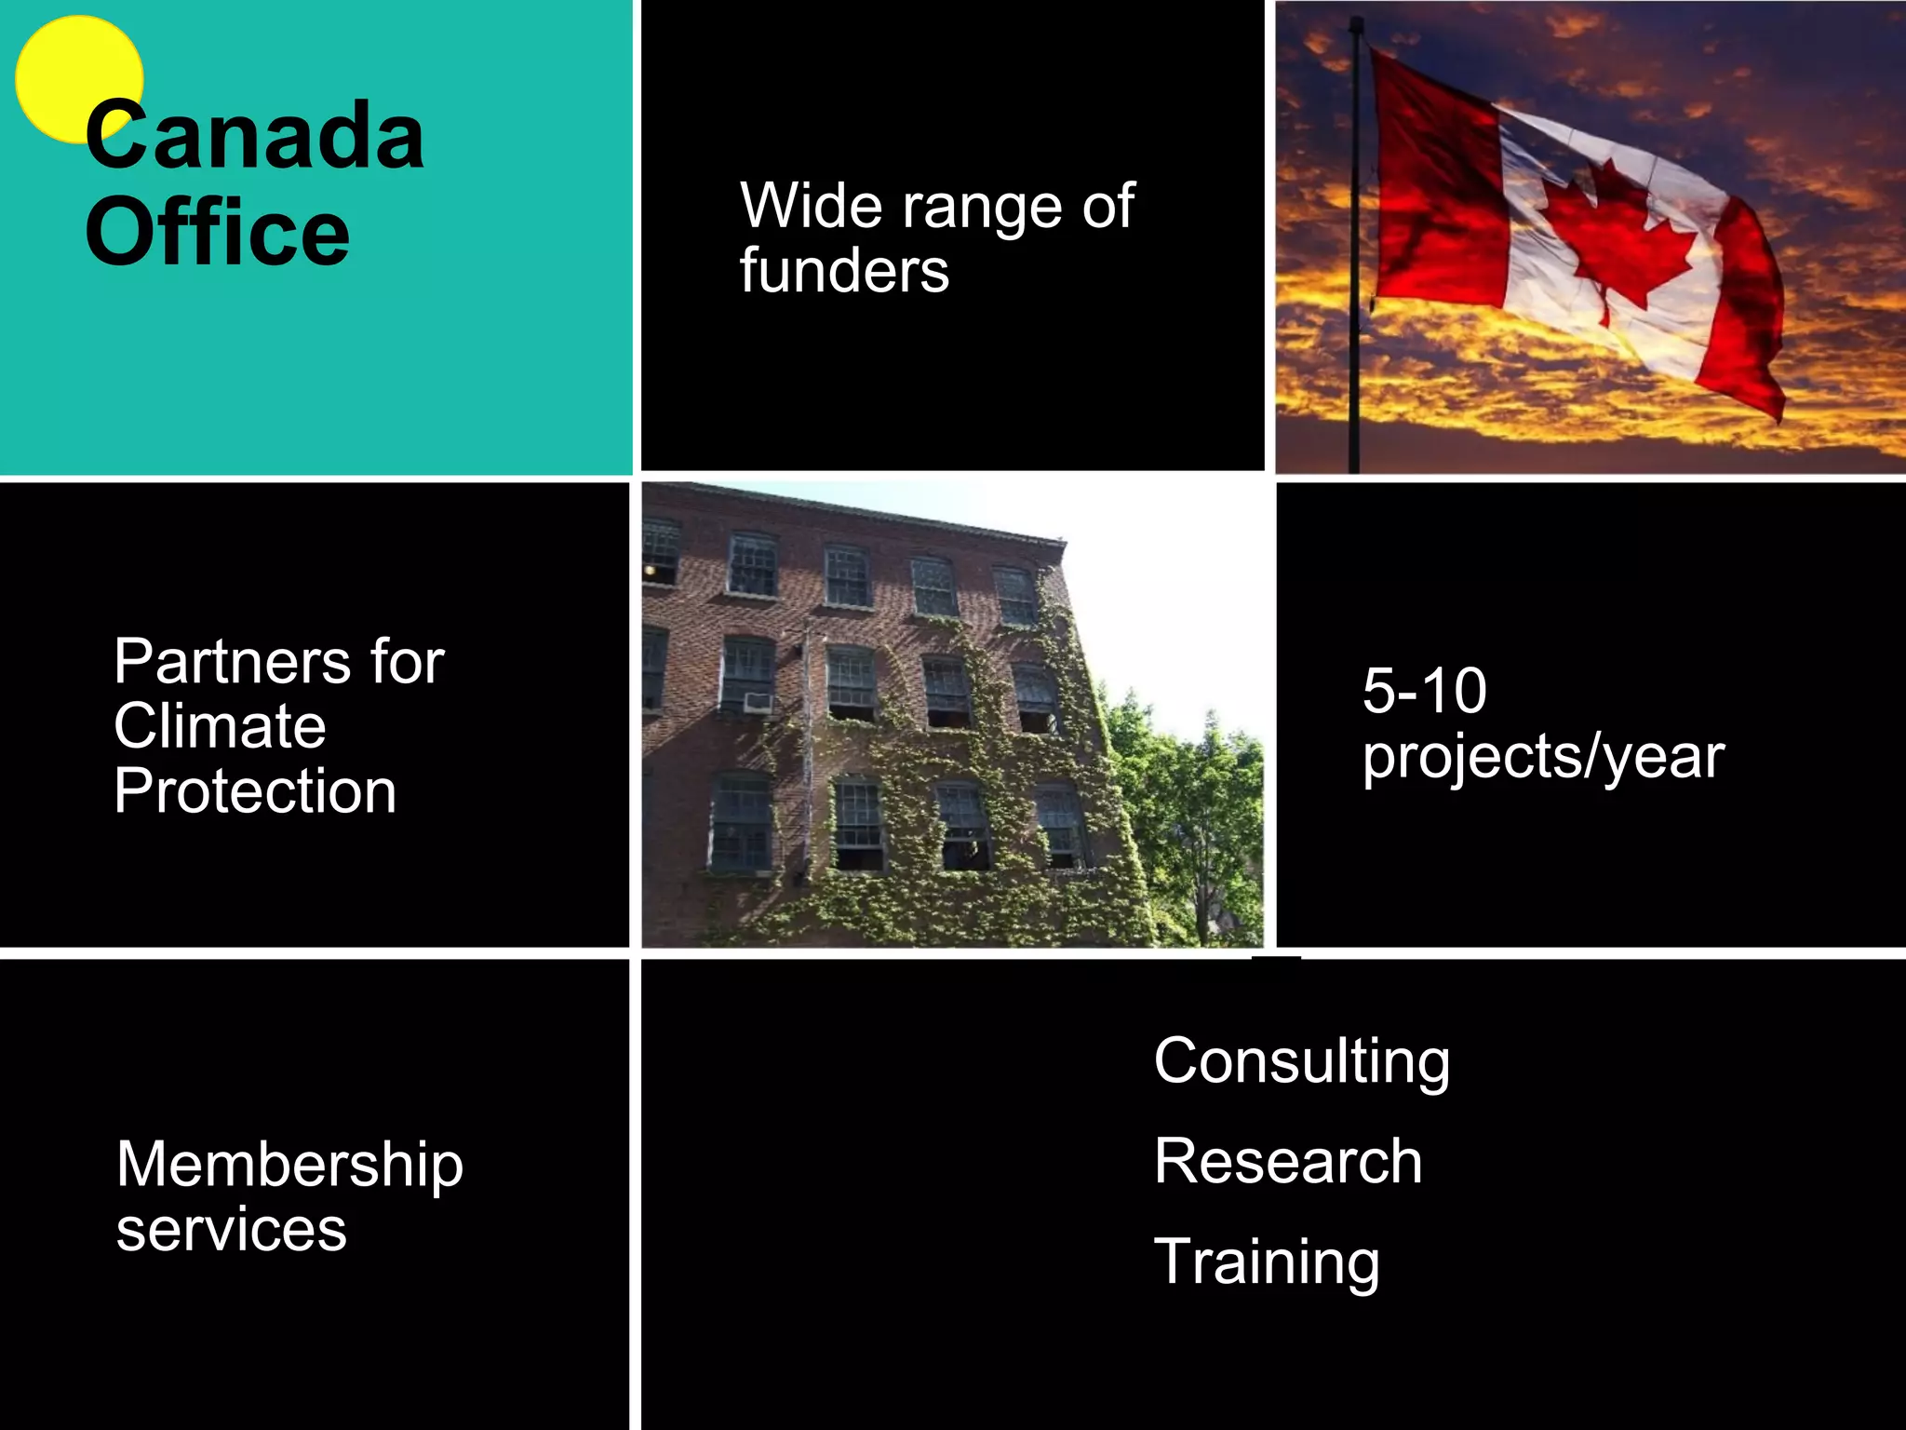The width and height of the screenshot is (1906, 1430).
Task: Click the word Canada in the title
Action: click(255, 138)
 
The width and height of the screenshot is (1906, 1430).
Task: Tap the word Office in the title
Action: click(218, 233)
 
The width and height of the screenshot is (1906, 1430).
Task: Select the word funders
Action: click(844, 271)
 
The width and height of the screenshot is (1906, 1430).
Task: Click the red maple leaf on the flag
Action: click(1615, 237)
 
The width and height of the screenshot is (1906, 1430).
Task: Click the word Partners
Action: click(232, 662)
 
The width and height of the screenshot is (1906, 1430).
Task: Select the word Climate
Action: click(220, 726)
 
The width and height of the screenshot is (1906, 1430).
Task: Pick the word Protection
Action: click(255, 791)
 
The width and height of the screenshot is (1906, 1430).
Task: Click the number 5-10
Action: click(1424, 691)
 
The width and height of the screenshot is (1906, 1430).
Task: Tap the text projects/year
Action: click(1543, 756)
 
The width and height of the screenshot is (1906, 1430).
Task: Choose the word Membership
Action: click(289, 1165)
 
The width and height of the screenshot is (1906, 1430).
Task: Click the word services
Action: click(231, 1230)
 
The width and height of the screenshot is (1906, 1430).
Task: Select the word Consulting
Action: click(1301, 1061)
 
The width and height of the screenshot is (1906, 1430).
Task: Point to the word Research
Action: click(1288, 1161)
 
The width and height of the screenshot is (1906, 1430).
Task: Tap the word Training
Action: click(1267, 1262)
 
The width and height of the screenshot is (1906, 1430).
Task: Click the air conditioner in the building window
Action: click(758, 701)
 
